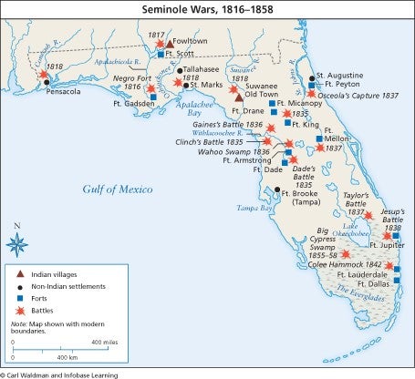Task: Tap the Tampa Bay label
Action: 254,209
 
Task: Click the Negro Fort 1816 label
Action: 123,83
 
